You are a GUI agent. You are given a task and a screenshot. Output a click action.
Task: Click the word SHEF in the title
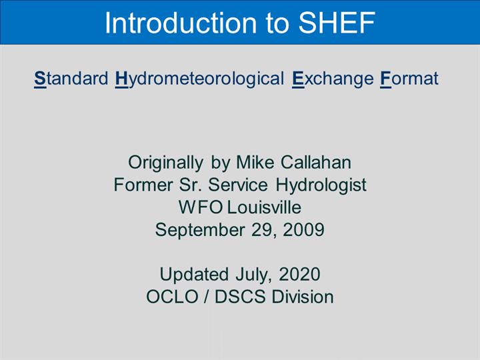(x=337, y=23)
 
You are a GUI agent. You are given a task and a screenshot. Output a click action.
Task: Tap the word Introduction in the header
(x=181, y=23)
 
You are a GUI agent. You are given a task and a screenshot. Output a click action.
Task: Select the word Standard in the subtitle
(x=71, y=79)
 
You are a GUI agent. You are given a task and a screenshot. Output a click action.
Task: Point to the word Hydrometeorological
(x=199, y=79)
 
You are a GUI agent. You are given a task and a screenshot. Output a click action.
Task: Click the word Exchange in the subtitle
(x=333, y=79)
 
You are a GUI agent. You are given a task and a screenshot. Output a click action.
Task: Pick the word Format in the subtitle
(x=409, y=79)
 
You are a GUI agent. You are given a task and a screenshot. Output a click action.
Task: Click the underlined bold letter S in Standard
(x=40, y=79)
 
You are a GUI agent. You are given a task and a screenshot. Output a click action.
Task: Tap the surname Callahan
(x=316, y=162)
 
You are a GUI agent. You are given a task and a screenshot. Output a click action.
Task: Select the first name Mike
(x=255, y=162)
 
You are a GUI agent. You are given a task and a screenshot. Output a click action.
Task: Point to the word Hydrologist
(x=321, y=185)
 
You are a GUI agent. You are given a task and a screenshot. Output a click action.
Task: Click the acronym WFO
(x=201, y=207)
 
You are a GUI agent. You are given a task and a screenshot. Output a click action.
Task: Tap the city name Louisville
(x=264, y=207)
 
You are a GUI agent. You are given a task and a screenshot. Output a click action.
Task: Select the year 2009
(x=303, y=230)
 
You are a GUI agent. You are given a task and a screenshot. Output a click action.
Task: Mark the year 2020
(x=299, y=274)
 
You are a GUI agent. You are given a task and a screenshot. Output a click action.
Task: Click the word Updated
(x=194, y=274)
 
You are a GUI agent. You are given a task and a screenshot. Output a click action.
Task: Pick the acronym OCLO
(x=173, y=297)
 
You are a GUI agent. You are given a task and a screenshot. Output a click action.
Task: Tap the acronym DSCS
(x=240, y=297)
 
